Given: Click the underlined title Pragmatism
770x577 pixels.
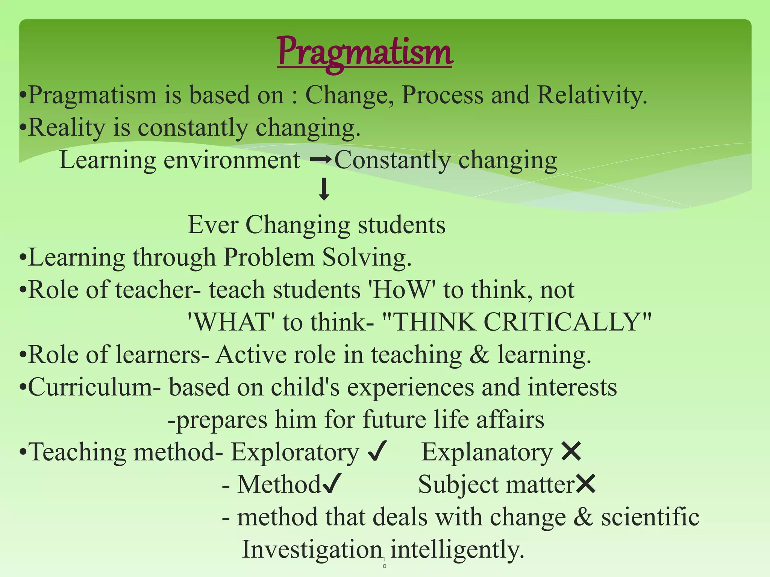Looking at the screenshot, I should pyautogui.click(x=364, y=53).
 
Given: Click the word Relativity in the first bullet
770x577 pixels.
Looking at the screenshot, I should pyautogui.click(x=591, y=95).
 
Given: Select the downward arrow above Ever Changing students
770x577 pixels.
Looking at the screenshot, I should pyautogui.click(x=324, y=190).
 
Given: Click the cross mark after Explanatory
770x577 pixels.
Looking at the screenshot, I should pyautogui.click(x=571, y=451).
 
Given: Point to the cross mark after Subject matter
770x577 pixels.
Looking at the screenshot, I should pyautogui.click(x=585, y=483).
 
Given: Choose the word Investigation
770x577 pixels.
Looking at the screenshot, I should pyautogui.click(x=312, y=549).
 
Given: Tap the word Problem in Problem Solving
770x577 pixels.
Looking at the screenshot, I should pyautogui.click(x=269, y=258).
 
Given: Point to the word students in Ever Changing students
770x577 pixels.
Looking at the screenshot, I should pyautogui.click(x=401, y=225).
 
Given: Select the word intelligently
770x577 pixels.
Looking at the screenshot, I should pyautogui.click(x=457, y=549).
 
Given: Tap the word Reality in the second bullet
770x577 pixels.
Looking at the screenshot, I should pyautogui.click(x=67, y=127).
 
